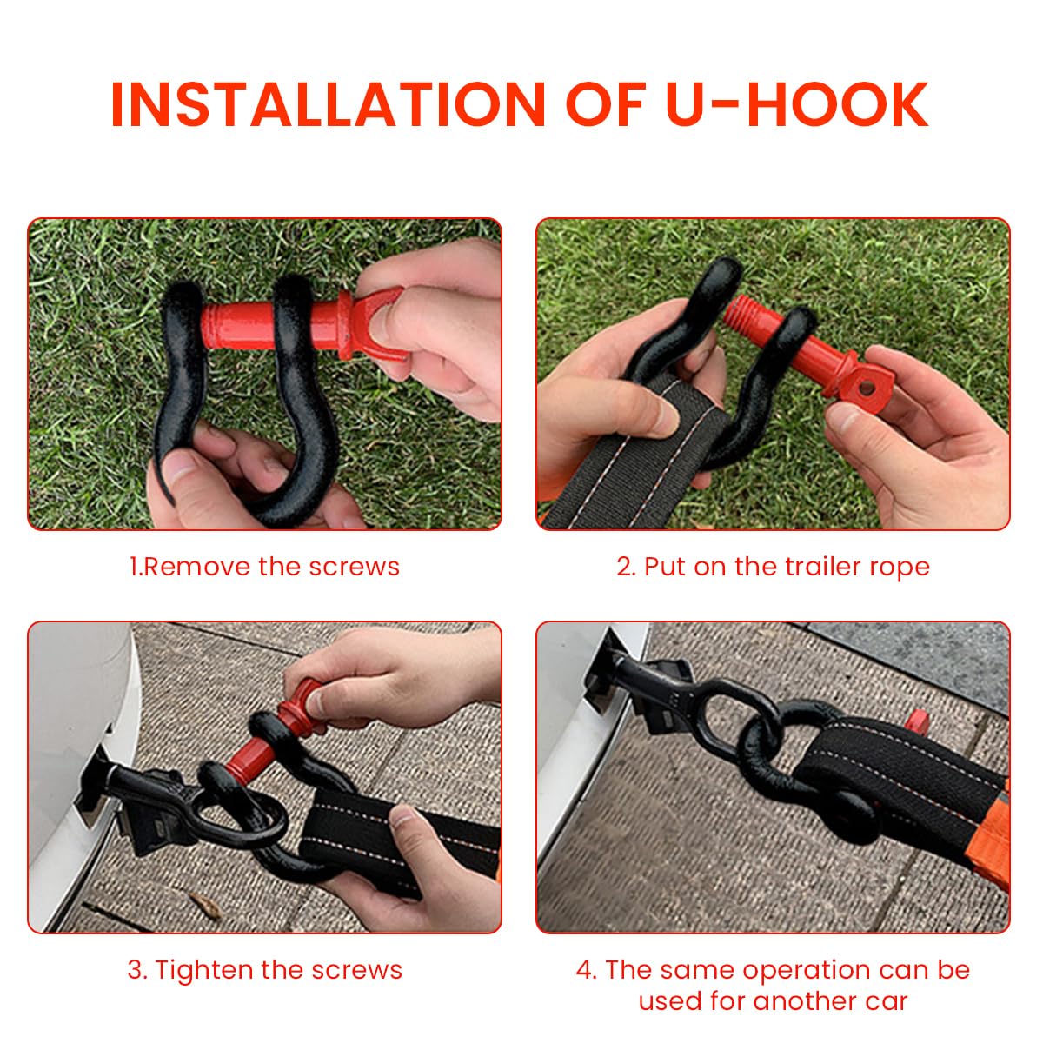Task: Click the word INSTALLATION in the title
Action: pyautogui.click(x=328, y=104)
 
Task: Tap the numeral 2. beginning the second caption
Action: pyautogui.click(x=626, y=567)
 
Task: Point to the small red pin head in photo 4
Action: pyautogui.click(x=918, y=722)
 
